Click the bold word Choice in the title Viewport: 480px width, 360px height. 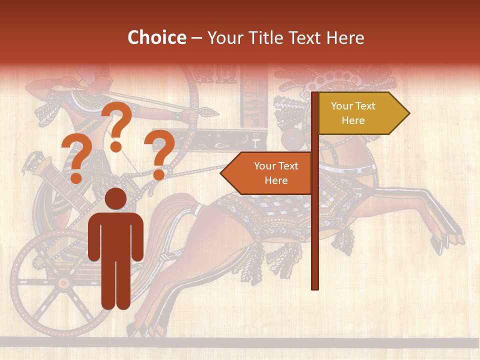pos(156,38)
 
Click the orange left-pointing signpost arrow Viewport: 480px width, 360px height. pos(267,173)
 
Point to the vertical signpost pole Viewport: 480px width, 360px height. pos(315,225)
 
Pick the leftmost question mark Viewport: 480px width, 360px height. pos(75,159)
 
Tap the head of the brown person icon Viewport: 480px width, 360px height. pos(115,198)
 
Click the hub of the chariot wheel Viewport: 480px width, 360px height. pos(63,283)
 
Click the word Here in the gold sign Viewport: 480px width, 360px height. pos(353,120)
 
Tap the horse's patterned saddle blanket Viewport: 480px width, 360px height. pos(280,210)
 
